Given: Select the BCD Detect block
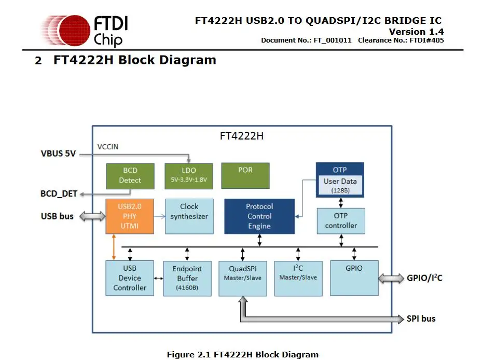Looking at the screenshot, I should [x=130, y=175].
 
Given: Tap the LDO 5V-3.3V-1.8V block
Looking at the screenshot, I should [x=188, y=175].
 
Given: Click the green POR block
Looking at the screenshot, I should [x=245, y=175].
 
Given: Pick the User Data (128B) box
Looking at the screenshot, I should [x=340, y=185].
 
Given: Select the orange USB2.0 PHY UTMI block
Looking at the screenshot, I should [x=130, y=216].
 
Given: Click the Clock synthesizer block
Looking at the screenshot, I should [x=189, y=216].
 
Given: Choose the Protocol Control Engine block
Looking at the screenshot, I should [x=259, y=216].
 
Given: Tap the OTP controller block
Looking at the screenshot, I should [x=341, y=220].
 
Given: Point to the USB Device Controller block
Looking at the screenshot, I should [x=130, y=278].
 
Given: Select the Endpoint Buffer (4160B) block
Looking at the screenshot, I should [x=187, y=278].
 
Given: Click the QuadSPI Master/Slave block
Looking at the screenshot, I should [x=242, y=278].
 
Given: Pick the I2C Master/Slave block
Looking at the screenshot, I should [x=298, y=278].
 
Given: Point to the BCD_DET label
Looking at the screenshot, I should [x=59, y=194].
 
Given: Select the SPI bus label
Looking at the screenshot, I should [x=421, y=319].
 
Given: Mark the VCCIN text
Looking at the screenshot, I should [x=108, y=147].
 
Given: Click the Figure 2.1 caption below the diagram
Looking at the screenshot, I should [x=242, y=355].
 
